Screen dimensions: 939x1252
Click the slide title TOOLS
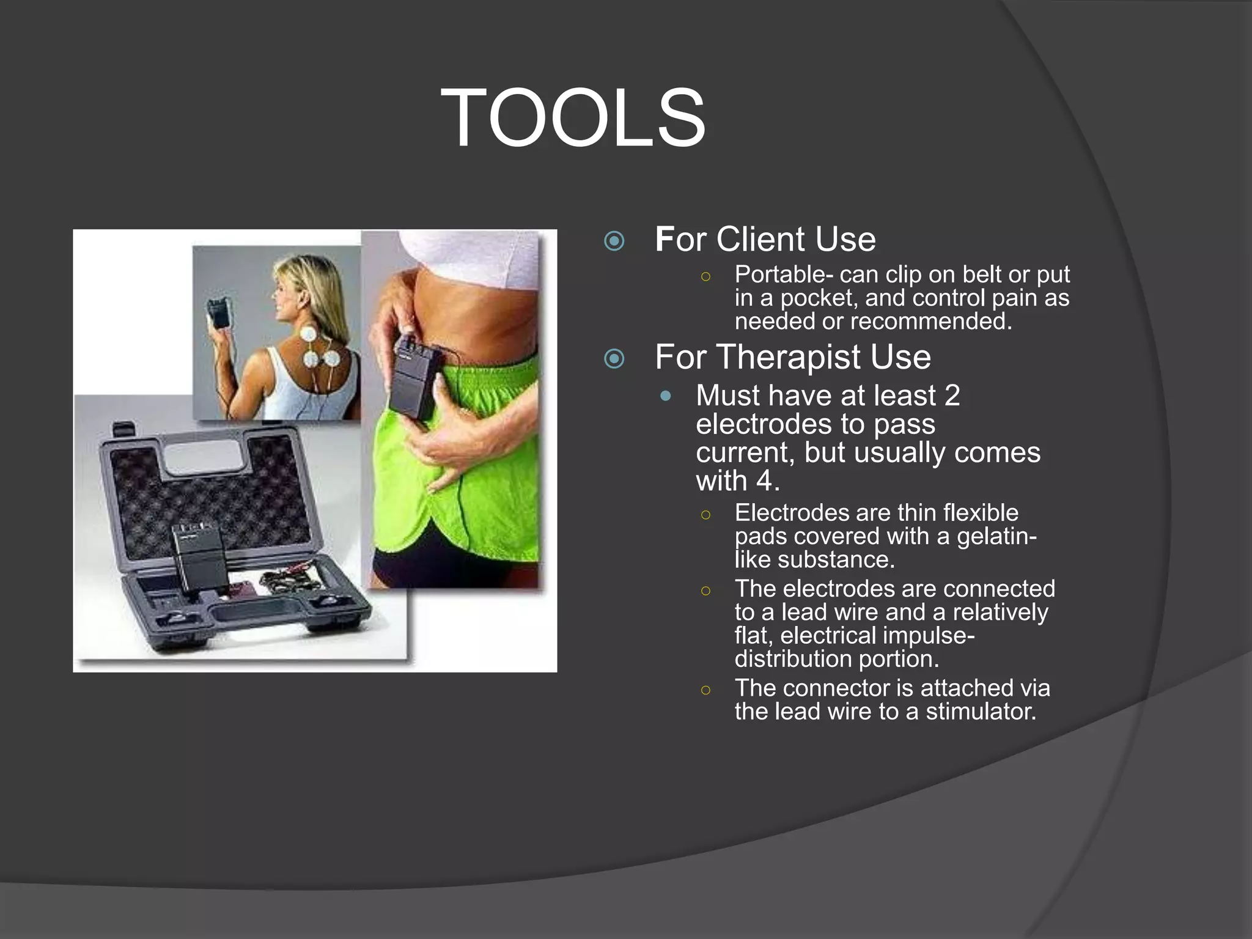pyautogui.click(x=573, y=117)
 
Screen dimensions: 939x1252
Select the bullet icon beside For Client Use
pyautogui.click(x=614, y=241)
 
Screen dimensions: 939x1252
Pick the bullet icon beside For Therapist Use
pyautogui.click(x=614, y=358)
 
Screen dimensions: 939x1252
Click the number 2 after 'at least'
pyautogui.click(x=952, y=396)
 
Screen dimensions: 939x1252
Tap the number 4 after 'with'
pyautogui.click(x=765, y=481)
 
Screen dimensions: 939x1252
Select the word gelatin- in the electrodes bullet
pyautogui.click(x=996, y=537)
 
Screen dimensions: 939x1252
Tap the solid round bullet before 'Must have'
pyautogui.click(x=666, y=396)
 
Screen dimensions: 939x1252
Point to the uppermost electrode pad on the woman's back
pyautogui.click(x=309, y=334)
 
